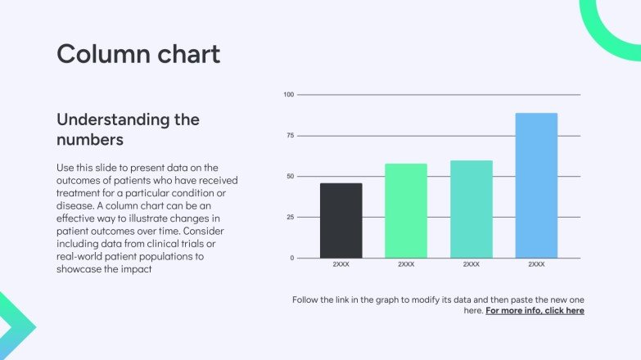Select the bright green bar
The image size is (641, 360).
click(406, 211)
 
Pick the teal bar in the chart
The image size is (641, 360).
click(472, 209)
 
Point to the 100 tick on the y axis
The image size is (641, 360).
click(288, 95)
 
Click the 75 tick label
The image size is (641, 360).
click(289, 136)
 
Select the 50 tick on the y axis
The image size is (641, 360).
click(289, 177)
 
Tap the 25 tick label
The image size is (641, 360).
click(289, 218)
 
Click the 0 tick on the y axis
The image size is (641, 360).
click(291, 259)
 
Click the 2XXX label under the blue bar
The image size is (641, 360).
click(536, 265)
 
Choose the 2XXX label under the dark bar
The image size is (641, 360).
click(341, 265)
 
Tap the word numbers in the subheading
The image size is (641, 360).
click(90, 139)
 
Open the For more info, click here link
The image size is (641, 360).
click(535, 311)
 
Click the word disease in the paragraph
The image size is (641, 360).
click(75, 206)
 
